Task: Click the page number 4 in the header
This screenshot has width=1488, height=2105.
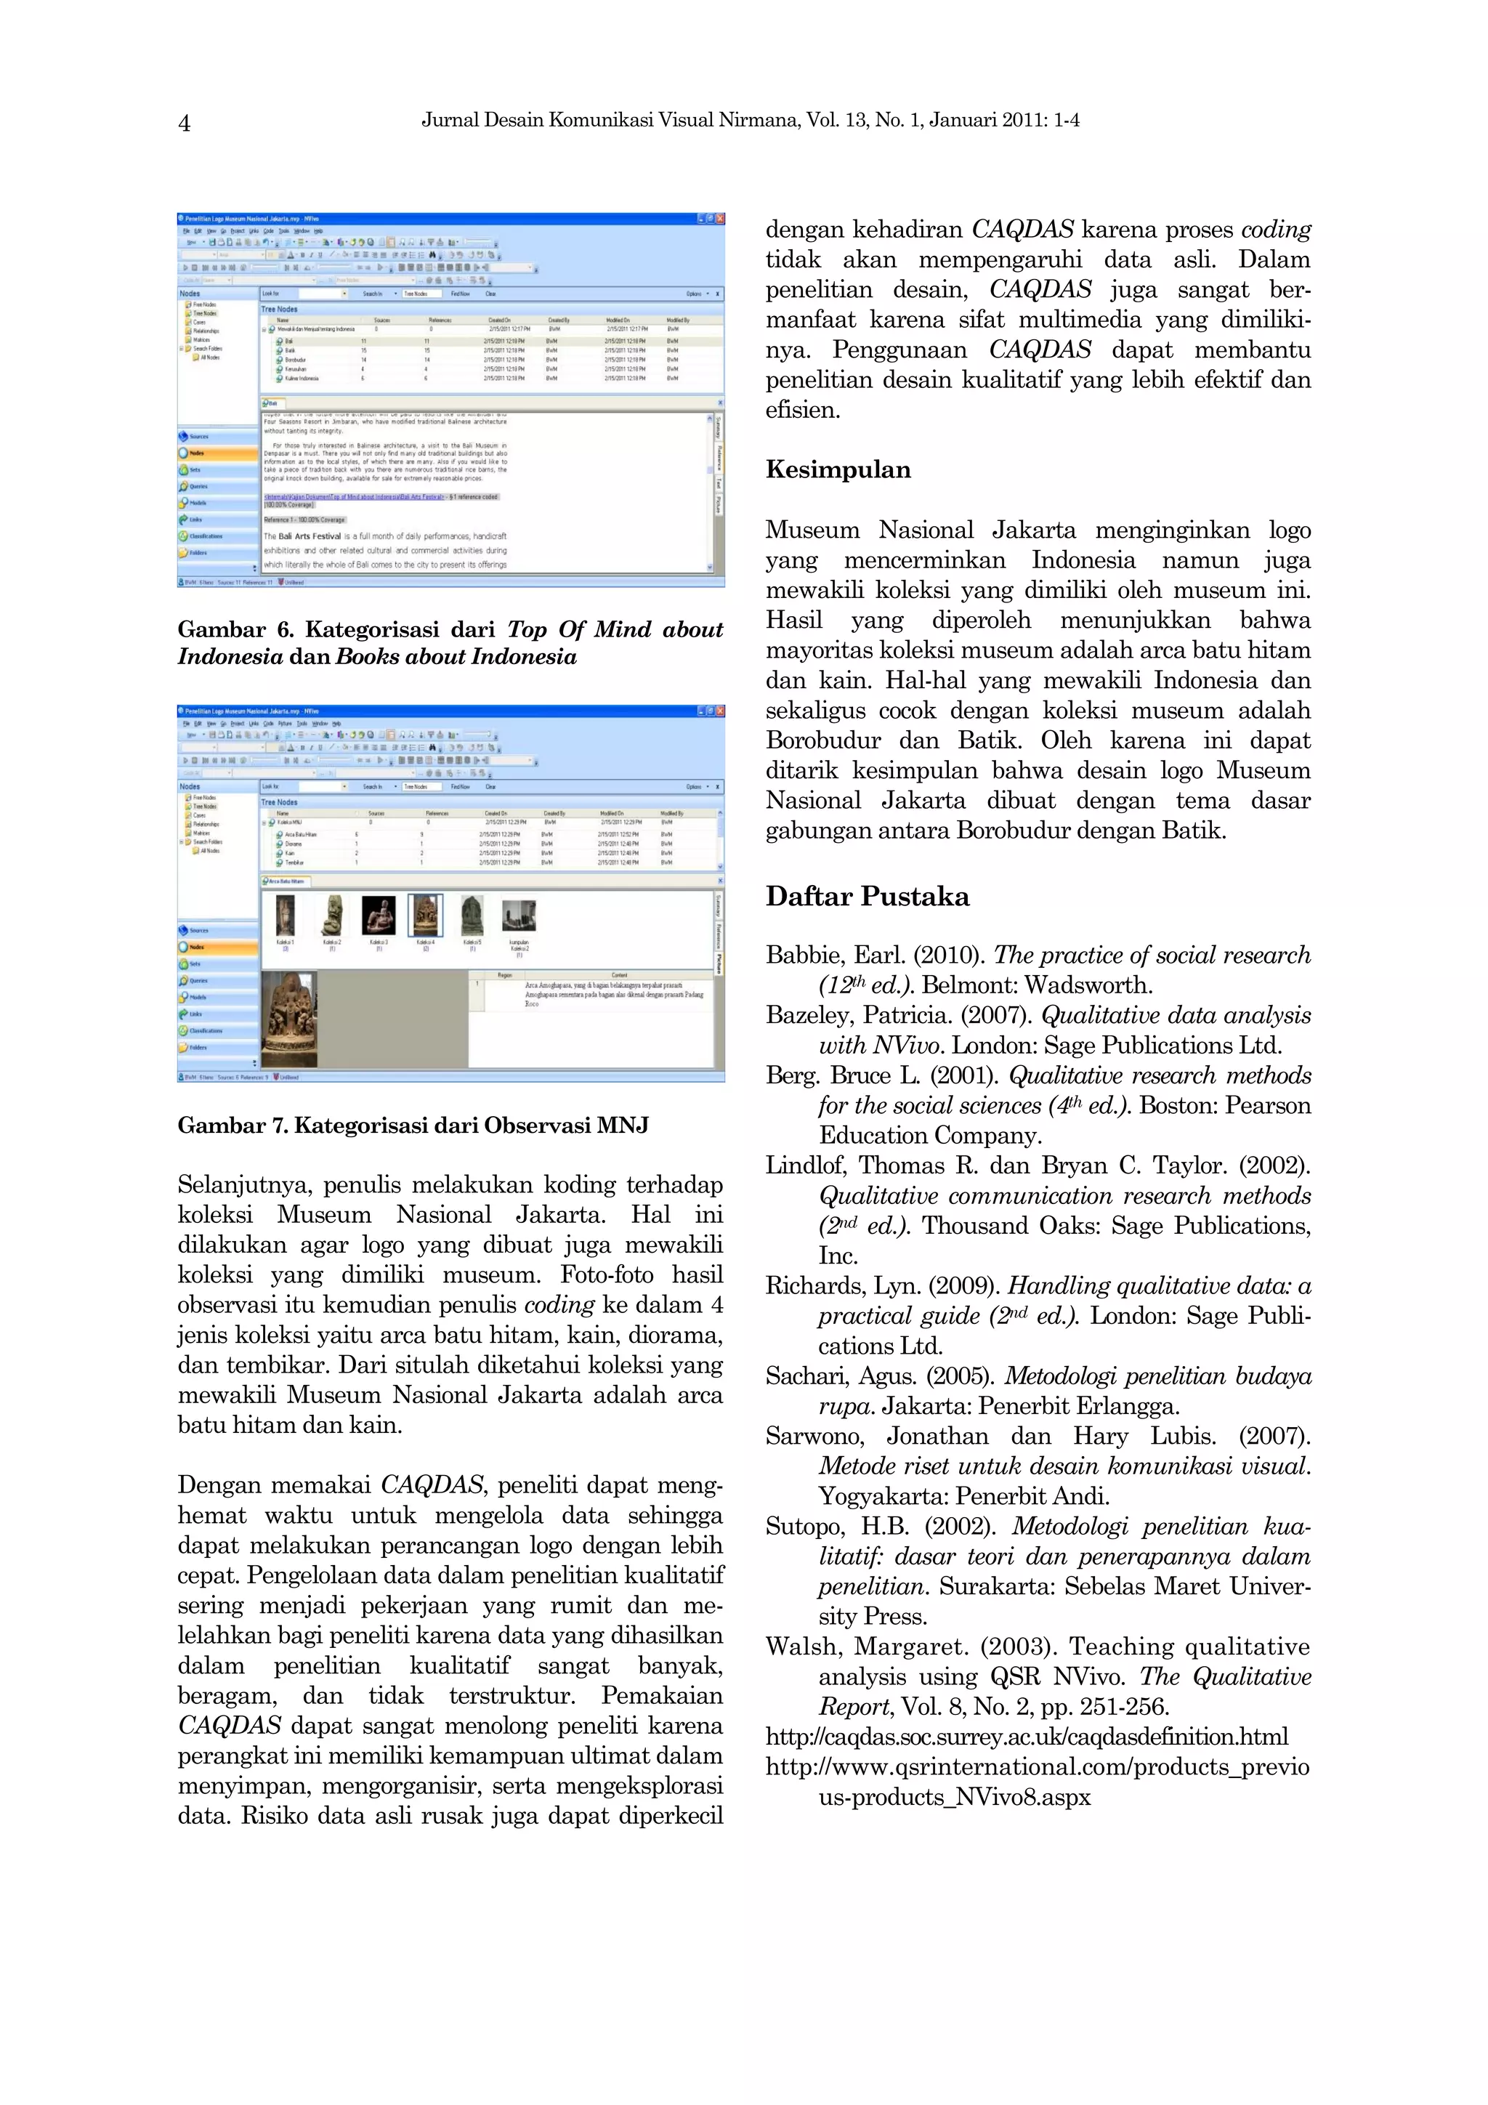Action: (x=185, y=123)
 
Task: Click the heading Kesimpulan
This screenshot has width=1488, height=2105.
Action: (x=837, y=469)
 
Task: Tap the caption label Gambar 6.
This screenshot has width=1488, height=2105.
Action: (x=234, y=629)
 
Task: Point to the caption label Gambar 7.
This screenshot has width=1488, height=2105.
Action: (x=232, y=1125)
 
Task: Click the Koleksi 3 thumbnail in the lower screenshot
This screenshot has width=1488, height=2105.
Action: (x=379, y=915)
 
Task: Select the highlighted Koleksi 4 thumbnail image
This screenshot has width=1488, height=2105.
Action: (x=426, y=915)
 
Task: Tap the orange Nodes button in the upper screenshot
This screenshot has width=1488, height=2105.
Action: (x=217, y=453)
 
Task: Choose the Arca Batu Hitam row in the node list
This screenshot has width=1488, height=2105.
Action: (x=300, y=834)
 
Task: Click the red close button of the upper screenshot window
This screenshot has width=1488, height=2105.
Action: (x=720, y=219)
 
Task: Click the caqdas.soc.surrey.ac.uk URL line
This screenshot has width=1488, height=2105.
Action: (x=1026, y=1737)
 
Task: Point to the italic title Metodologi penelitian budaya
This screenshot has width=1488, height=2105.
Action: (x=1157, y=1375)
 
